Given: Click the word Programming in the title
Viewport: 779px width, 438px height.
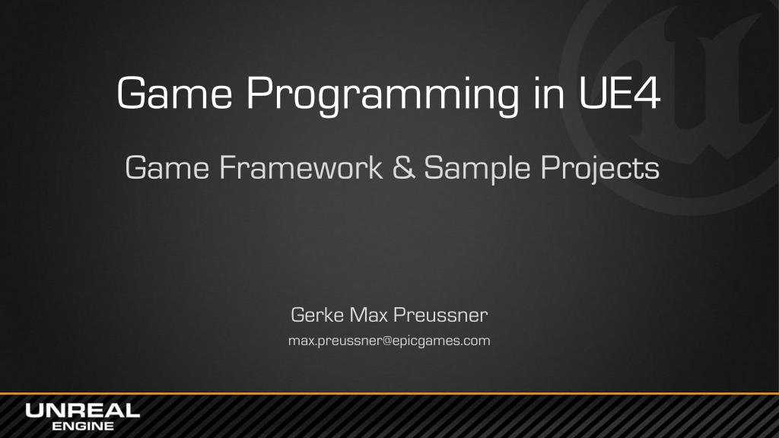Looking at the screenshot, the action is pos(383,94).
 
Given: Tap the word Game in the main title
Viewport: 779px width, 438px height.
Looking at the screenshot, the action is pos(174,93).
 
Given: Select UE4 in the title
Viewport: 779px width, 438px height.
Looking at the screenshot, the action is pos(619,93).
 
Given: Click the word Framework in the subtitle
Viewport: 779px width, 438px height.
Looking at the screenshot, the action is pos(301,167).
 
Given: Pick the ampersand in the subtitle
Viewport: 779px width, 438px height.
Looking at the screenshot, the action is pos(403,167).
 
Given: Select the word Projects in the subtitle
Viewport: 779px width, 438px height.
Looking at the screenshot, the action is pos(600,169).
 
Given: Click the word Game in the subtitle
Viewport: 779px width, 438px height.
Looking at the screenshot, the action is pos(167,167).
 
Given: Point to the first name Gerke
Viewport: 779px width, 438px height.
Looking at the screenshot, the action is pos(317,315).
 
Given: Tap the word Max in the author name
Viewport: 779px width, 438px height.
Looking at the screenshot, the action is pos(368,315).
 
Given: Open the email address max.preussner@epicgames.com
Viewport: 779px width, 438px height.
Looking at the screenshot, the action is pos(389,341).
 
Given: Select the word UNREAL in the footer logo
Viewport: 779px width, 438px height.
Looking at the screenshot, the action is pos(82,411).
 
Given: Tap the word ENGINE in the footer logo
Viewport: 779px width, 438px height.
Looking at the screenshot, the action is pos(83,426).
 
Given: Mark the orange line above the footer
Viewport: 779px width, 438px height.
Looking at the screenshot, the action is pos(389,394).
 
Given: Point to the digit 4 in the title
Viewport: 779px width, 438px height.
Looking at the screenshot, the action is pos(647,93).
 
